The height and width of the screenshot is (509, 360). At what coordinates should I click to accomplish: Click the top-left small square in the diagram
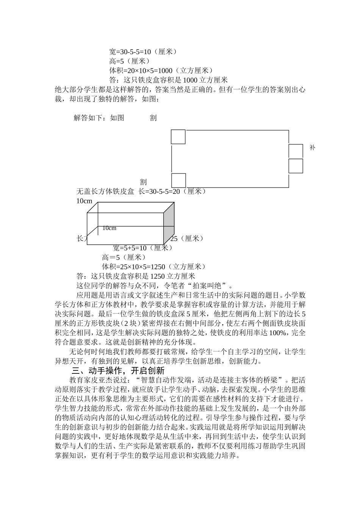tap(178, 137)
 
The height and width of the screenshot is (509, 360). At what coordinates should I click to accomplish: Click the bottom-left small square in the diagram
tap(178, 180)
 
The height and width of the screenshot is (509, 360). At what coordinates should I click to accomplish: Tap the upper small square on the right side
tap(296, 151)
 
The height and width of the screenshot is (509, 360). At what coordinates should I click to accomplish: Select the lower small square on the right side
tap(296, 166)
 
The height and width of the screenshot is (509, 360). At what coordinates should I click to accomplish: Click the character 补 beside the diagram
tap(312, 148)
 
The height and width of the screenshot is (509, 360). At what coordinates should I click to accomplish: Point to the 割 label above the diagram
tap(153, 118)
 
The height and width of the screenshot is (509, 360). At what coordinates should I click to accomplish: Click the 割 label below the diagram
tap(143, 182)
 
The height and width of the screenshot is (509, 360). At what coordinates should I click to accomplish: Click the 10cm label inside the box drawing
tap(109, 228)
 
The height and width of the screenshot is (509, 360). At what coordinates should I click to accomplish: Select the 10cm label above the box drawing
tap(84, 201)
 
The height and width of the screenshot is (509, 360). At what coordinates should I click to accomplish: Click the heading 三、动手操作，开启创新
tap(118, 370)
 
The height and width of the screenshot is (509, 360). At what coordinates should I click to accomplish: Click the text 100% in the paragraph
tap(281, 333)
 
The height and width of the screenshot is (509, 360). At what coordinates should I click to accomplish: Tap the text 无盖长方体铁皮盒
tap(105, 191)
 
